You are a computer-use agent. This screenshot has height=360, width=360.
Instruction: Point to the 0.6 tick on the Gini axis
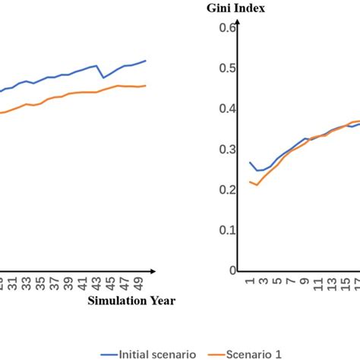(227, 28)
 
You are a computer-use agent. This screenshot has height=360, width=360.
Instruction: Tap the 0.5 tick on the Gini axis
(227, 68)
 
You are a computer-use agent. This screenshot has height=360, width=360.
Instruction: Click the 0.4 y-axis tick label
(227, 109)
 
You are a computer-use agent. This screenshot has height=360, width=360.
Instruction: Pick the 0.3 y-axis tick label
(227, 149)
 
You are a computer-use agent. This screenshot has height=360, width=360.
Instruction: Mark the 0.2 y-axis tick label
(227, 190)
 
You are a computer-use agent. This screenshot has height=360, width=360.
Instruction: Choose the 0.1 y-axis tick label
(227, 230)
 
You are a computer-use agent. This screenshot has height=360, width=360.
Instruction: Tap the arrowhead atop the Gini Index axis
(238, 24)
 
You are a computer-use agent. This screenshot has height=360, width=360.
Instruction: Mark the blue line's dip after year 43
(104, 77)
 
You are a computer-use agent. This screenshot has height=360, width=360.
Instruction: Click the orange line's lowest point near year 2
(257, 185)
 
